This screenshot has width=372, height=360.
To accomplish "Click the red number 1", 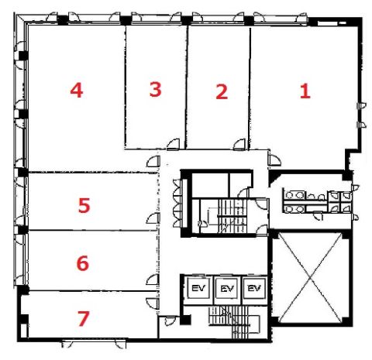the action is pyautogui.click(x=305, y=91).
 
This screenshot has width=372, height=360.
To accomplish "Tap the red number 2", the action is pyautogui.click(x=222, y=91).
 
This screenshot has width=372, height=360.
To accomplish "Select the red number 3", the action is pyautogui.click(x=155, y=89).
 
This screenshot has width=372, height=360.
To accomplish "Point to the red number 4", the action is pyautogui.click(x=77, y=90).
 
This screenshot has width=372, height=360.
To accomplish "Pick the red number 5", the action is pyautogui.click(x=84, y=205).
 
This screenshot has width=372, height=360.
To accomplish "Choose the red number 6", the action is pyautogui.click(x=83, y=263).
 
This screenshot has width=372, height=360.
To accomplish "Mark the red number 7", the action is pyautogui.click(x=84, y=318).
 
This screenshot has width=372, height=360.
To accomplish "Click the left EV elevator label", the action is pyautogui.click(x=198, y=288).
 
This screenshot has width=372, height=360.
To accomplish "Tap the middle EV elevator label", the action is pyautogui.click(x=227, y=289).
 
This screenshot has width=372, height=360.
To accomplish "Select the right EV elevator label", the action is pyautogui.click(x=254, y=288).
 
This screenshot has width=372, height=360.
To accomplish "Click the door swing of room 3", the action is pyautogui.click(x=173, y=144).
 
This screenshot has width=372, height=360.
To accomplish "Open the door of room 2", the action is pyautogui.click(x=239, y=144).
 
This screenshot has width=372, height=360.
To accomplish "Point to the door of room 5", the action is pyautogui.click(x=153, y=218).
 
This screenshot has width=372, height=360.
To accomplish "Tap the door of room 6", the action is pyautogui.click(x=153, y=279).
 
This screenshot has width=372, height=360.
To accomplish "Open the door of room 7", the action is pyautogui.click(x=153, y=303).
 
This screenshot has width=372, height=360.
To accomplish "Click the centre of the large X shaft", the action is pyautogui.click(x=311, y=277).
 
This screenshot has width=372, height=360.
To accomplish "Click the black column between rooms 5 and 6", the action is pyautogui.click(x=23, y=230).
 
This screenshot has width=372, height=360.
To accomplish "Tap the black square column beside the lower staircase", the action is pyautogui.click(x=185, y=320).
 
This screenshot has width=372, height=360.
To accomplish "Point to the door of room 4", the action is pyautogui.click(x=153, y=162).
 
